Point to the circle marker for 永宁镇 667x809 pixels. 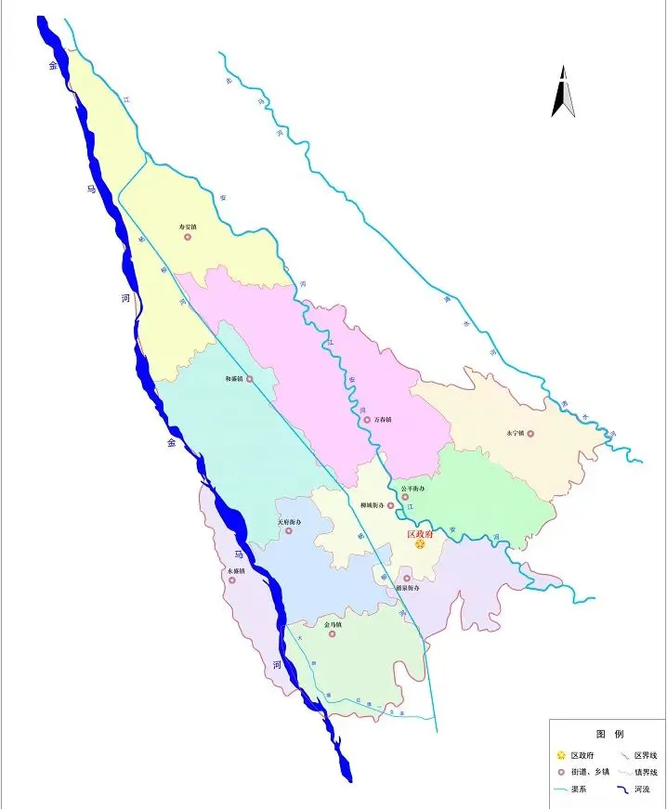(x=530, y=433)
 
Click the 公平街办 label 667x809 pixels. (x=412, y=488)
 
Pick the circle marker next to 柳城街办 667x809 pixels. (x=391, y=505)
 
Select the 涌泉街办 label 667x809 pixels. (x=408, y=589)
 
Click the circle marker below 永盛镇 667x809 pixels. (x=232, y=581)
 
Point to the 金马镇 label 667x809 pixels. (x=333, y=624)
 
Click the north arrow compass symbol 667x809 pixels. (x=563, y=92)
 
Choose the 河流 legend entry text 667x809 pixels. (x=642, y=789)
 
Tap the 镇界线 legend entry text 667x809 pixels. (x=645, y=772)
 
